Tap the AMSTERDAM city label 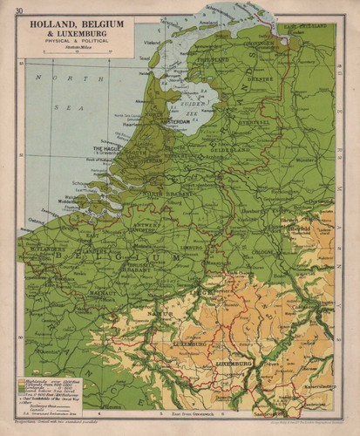(171, 122)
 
